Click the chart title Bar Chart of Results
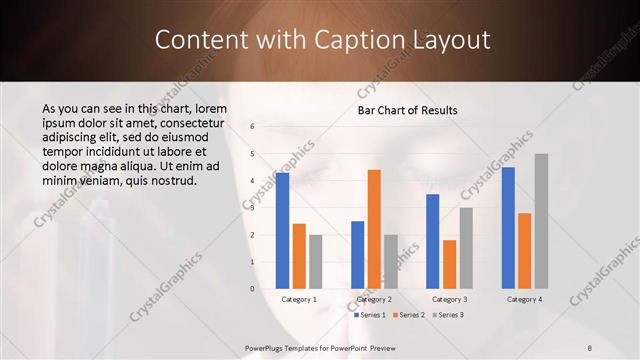tap(408, 110)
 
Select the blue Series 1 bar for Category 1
tap(283, 230)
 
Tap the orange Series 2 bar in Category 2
tap(374, 228)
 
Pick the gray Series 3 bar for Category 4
tap(541, 220)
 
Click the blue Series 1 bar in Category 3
tap(433, 240)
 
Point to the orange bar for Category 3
tap(449, 263)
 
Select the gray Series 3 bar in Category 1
tap(315, 261)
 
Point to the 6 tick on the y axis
tap(253, 127)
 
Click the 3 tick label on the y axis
tap(253, 208)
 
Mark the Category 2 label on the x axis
tap(374, 299)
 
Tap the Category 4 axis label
tap(524, 299)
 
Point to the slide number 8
tap(589, 347)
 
